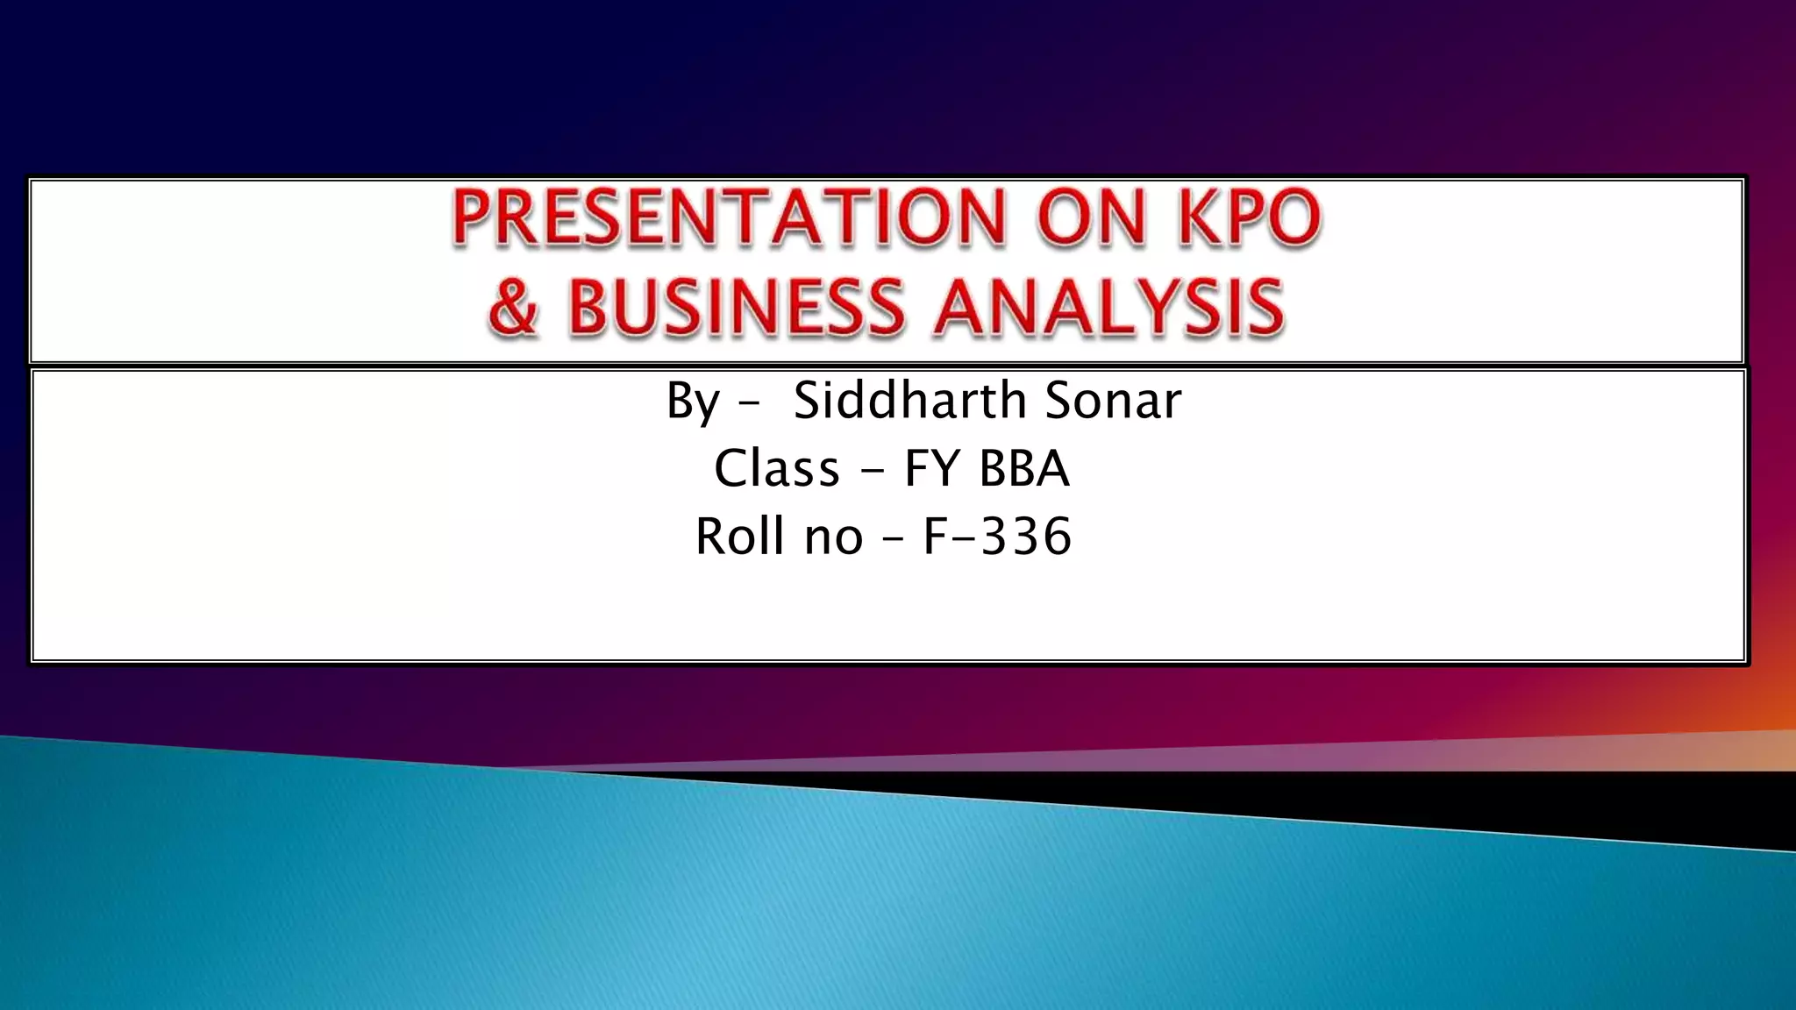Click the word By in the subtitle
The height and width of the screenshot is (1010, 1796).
pos(693,402)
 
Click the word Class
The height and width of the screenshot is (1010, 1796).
pos(777,468)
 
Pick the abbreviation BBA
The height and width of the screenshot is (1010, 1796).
pos(1024,468)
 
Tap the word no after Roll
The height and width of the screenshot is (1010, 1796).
pos(834,537)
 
